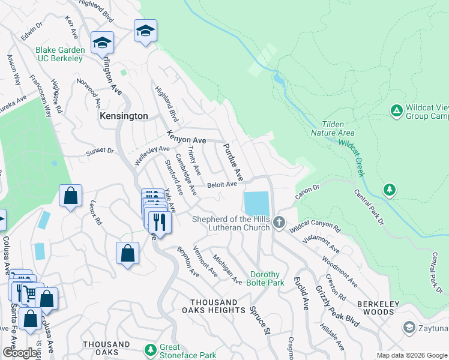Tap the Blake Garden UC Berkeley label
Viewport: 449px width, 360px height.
[x=59, y=54]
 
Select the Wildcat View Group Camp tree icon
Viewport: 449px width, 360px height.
[x=396, y=111]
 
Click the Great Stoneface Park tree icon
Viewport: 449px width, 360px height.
[x=150, y=349]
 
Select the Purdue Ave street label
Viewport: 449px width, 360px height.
[x=233, y=162]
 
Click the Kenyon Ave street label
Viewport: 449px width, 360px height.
[x=187, y=137]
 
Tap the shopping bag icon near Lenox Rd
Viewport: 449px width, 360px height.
[x=71, y=197]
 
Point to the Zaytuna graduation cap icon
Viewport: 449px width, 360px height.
[x=409, y=328]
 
